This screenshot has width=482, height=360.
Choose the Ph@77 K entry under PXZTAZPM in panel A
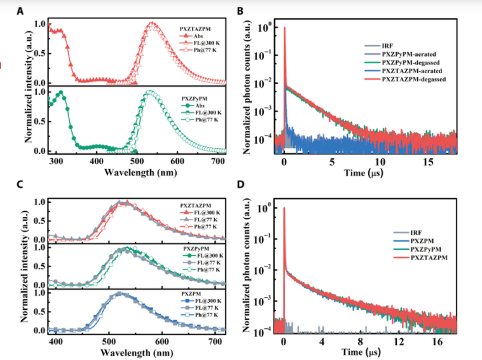click(205, 51)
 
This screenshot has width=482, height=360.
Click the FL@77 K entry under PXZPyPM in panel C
click(205, 261)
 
